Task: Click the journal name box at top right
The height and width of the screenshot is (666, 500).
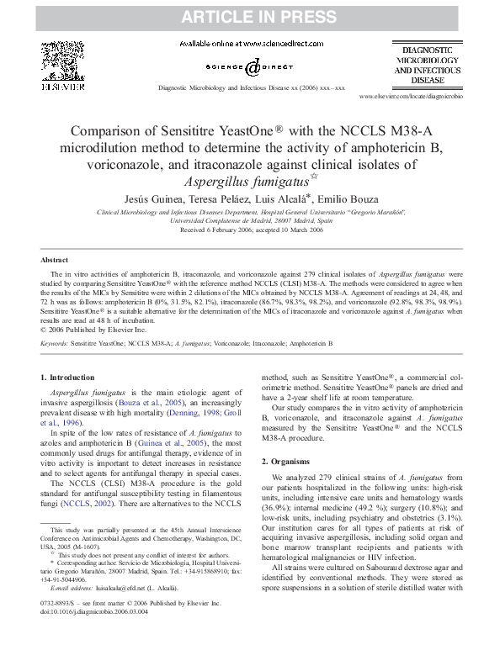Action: point(428,66)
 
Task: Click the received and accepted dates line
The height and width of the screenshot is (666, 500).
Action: point(250,230)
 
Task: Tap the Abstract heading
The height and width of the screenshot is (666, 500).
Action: point(55,261)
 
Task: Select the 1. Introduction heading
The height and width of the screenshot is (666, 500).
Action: point(68,378)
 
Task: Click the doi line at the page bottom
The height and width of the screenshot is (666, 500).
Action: point(89,637)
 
